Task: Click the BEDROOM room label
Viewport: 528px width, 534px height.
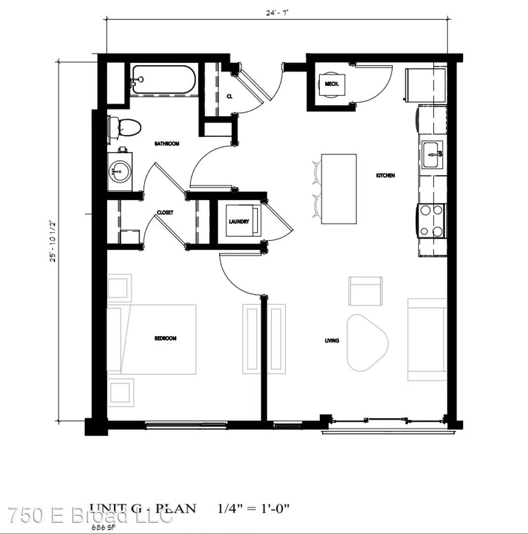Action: point(165,339)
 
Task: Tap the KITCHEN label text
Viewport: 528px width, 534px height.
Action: point(386,176)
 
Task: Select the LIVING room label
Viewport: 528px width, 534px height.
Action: point(332,341)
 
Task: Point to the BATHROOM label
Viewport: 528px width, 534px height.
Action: point(167,144)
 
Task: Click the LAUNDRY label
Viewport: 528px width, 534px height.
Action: point(239,222)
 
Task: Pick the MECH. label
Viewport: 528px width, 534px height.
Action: point(332,84)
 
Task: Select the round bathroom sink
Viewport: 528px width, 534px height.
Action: point(120,172)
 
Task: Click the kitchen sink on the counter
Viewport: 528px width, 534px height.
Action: point(433,155)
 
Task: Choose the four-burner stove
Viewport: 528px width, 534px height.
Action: point(431,221)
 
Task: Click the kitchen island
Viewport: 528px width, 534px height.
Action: point(339,188)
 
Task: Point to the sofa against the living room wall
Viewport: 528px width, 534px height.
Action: point(427,339)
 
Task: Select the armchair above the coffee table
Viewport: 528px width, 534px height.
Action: point(365,291)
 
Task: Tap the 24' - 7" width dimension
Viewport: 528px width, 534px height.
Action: point(277,12)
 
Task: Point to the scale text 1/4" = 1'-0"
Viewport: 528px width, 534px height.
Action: point(254,508)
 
